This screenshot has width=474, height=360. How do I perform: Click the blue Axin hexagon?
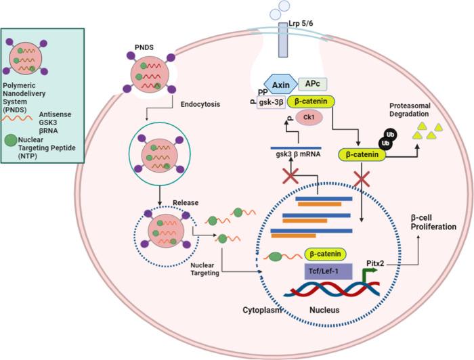click(x=281, y=85)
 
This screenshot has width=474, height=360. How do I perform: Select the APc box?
click(x=313, y=84)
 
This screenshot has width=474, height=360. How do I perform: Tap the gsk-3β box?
click(x=271, y=102)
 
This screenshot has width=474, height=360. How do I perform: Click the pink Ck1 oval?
click(x=309, y=117)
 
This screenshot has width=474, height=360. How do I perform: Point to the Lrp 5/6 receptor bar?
click(x=283, y=39)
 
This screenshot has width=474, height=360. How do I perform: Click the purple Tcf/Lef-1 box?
click(x=328, y=271)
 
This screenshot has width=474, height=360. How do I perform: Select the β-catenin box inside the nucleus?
click(x=325, y=254)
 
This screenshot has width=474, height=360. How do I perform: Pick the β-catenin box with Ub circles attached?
click(x=362, y=155)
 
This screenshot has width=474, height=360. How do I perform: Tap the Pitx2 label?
click(x=375, y=263)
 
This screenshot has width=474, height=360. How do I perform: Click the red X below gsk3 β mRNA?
click(x=290, y=176)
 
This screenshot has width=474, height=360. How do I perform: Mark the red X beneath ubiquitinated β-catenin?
click(x=362, y=179)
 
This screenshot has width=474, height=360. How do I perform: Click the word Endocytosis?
click(x=200, y=104)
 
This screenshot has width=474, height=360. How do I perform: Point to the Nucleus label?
click(x=324, y=310)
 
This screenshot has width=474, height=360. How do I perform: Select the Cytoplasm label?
click(x=263, y=310)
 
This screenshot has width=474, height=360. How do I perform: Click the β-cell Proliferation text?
click(x=433, y=222)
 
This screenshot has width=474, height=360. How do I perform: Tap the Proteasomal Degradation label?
click(x=410, y=110)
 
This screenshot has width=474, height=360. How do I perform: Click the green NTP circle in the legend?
click(x=11, y=140)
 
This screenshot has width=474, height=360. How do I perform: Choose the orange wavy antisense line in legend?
click(x=17, y=118)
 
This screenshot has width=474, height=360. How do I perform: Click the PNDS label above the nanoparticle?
click(x=144, y=47)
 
